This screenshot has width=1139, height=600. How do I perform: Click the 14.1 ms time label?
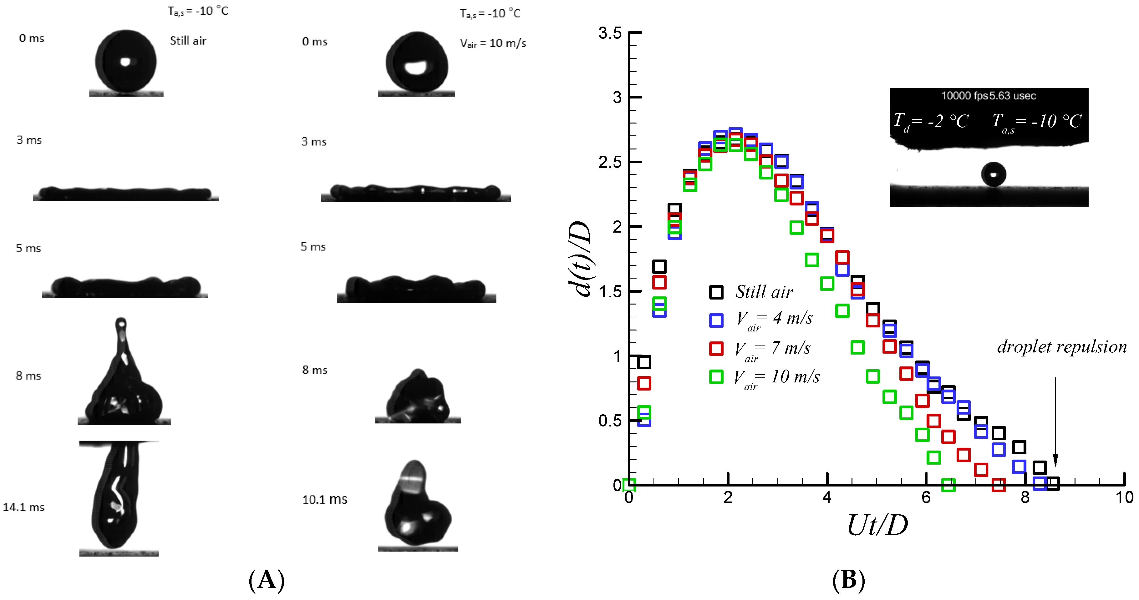[23, 507]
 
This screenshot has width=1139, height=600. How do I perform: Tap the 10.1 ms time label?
[324, 499]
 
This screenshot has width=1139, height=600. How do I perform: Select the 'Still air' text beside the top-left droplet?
[188, 41]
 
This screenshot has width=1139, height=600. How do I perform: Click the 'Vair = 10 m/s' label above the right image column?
[493, 43]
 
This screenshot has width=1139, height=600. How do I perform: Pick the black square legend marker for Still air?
[716, 292]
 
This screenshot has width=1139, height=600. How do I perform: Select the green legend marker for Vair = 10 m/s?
[716, 377]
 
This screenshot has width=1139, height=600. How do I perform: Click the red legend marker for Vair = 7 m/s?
[716, 349]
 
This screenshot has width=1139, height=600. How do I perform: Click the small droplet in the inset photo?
[994, 174]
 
